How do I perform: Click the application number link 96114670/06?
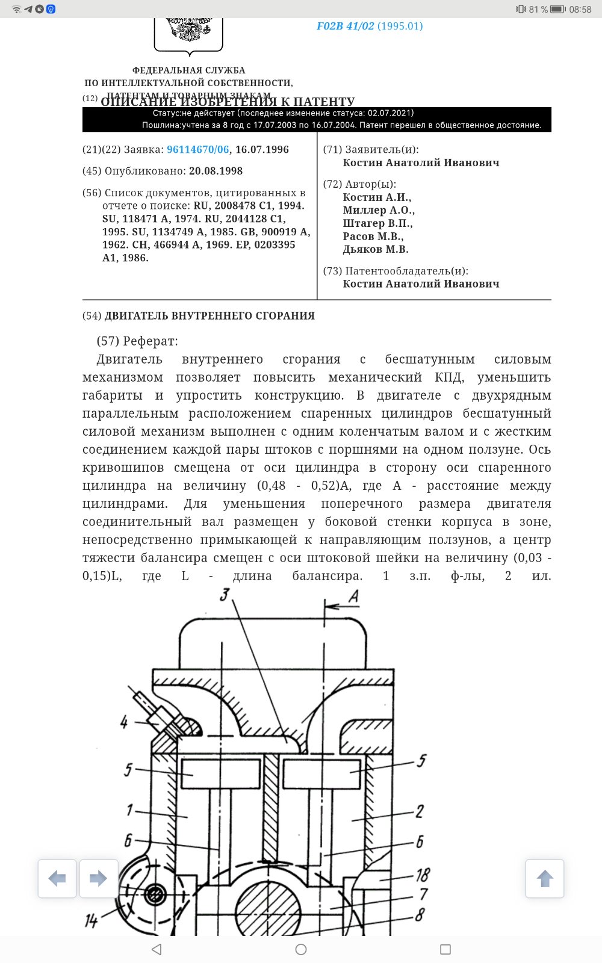click(198, 150)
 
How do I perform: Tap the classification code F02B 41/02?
click(346, 26)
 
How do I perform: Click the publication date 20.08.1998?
click(216, 171)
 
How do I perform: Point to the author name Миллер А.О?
click(379, 210)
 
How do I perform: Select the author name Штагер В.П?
click(377, 223)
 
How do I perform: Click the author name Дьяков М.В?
click(376, 249)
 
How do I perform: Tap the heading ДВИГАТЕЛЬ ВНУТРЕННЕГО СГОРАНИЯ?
click(209, 316)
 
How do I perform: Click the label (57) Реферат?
click(137, 341)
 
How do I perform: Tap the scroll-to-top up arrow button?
click(545, 879)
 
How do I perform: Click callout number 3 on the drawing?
click(225, 595)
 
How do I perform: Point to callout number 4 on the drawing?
click(124, 722)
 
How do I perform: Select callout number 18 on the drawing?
click(423, 875)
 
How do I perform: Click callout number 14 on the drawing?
click(91, 920)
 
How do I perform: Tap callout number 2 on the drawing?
click(420, 811)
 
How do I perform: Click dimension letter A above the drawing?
click(353, 596)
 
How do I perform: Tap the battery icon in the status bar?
click(558, 10)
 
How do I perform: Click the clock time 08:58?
click(580, 10)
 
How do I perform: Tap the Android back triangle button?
click(157, 949)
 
